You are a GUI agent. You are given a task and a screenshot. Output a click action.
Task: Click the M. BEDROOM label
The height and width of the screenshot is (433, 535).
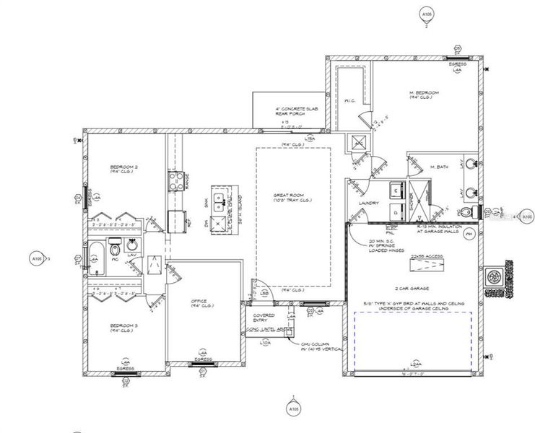point(423,95)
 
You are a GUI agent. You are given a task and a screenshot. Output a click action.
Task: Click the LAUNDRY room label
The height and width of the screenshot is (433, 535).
point(368,203)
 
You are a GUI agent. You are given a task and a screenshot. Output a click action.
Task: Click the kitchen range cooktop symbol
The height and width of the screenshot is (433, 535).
point(175,180)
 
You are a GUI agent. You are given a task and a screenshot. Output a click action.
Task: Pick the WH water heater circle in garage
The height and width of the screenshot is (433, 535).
point(469,235)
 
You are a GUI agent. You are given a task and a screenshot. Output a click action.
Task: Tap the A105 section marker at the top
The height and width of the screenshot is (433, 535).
point(425,14)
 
